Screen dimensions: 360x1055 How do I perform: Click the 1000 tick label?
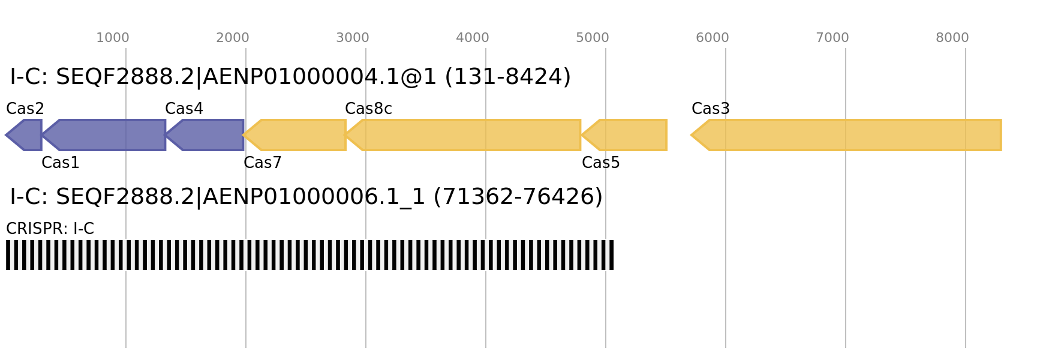click(x=113, y=38)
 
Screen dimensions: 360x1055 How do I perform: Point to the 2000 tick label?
click(x=233, y=38)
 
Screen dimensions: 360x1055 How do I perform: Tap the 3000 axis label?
click(x=353, y=38)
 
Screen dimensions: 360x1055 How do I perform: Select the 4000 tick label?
click(x=473, y=38)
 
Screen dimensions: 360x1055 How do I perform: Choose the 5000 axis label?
click(x=593, y=38)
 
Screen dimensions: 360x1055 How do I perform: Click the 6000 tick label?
click(x=713, y=38)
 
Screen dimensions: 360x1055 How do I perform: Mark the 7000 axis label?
click(x=832, y=38)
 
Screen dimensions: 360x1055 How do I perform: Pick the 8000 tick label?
click(x=952, y=38)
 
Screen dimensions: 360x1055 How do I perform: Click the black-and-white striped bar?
click(x=309, y=255)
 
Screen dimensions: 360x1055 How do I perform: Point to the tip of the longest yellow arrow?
click(x=691, y=135)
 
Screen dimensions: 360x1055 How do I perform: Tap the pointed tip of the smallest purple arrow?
click(x=5, y=135)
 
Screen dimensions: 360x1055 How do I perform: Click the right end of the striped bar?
click(x=613, y=255)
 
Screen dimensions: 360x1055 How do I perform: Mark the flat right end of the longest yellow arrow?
click(x=1000, y=135)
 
